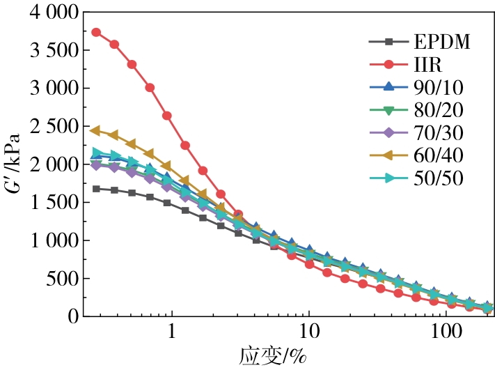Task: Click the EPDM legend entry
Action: pyautogui.click(x=441, y=42)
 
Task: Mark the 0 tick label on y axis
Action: pyautogui.click(x=72, y=316)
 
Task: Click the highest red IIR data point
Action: pyautogui.click(x=96, y=33)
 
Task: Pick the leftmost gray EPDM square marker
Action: pyautogui.click(x=96, y=189)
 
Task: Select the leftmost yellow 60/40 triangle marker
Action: pyautogui.click(x=96, y=130)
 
